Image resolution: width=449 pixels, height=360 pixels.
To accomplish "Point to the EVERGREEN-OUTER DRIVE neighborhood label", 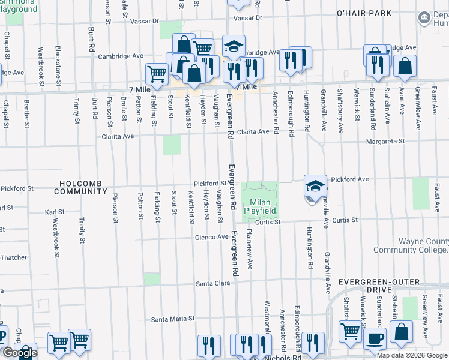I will click(x=393, y=281).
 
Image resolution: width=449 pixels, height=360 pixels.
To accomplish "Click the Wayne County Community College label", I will click(x=411, y=246).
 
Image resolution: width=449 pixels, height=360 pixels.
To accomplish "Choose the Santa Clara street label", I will click(x=214, y=283).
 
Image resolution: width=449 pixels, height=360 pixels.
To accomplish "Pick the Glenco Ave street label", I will click(x=211, y=237).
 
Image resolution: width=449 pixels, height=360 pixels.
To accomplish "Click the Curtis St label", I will click(x=268, y=222).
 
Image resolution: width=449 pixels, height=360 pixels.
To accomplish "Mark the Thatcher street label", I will click(x=13, y=257).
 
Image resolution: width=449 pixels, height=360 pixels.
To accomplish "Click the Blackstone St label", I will click(x=58, y=66).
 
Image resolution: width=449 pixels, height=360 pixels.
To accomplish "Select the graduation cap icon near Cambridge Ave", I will click(x=234, y=46).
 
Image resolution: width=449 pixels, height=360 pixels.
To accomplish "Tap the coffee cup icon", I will click(x=376, y=338).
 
